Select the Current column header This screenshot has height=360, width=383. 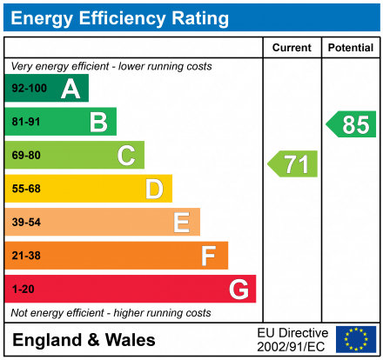pos(292,48)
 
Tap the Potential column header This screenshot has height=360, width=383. pos(351,48)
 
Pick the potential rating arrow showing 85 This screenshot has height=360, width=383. pos(352,124)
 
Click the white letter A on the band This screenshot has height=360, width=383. pos(71,89)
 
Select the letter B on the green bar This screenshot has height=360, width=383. pos(98,122)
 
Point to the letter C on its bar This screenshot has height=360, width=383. pos(126,156)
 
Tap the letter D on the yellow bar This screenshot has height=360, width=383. pos(154,189)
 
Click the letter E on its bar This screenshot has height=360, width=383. pos(182,223)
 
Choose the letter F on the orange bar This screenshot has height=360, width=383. pos(209,256)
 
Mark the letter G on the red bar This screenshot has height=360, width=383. pos(238,289)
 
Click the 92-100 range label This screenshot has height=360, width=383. pos(29,89)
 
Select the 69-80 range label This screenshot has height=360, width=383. pos(26,156)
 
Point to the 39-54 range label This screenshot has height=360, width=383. pos(26,223)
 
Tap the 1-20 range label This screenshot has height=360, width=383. pos(23,289)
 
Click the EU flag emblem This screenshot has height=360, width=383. pos(356,339)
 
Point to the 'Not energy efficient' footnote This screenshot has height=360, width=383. pos(111,312)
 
